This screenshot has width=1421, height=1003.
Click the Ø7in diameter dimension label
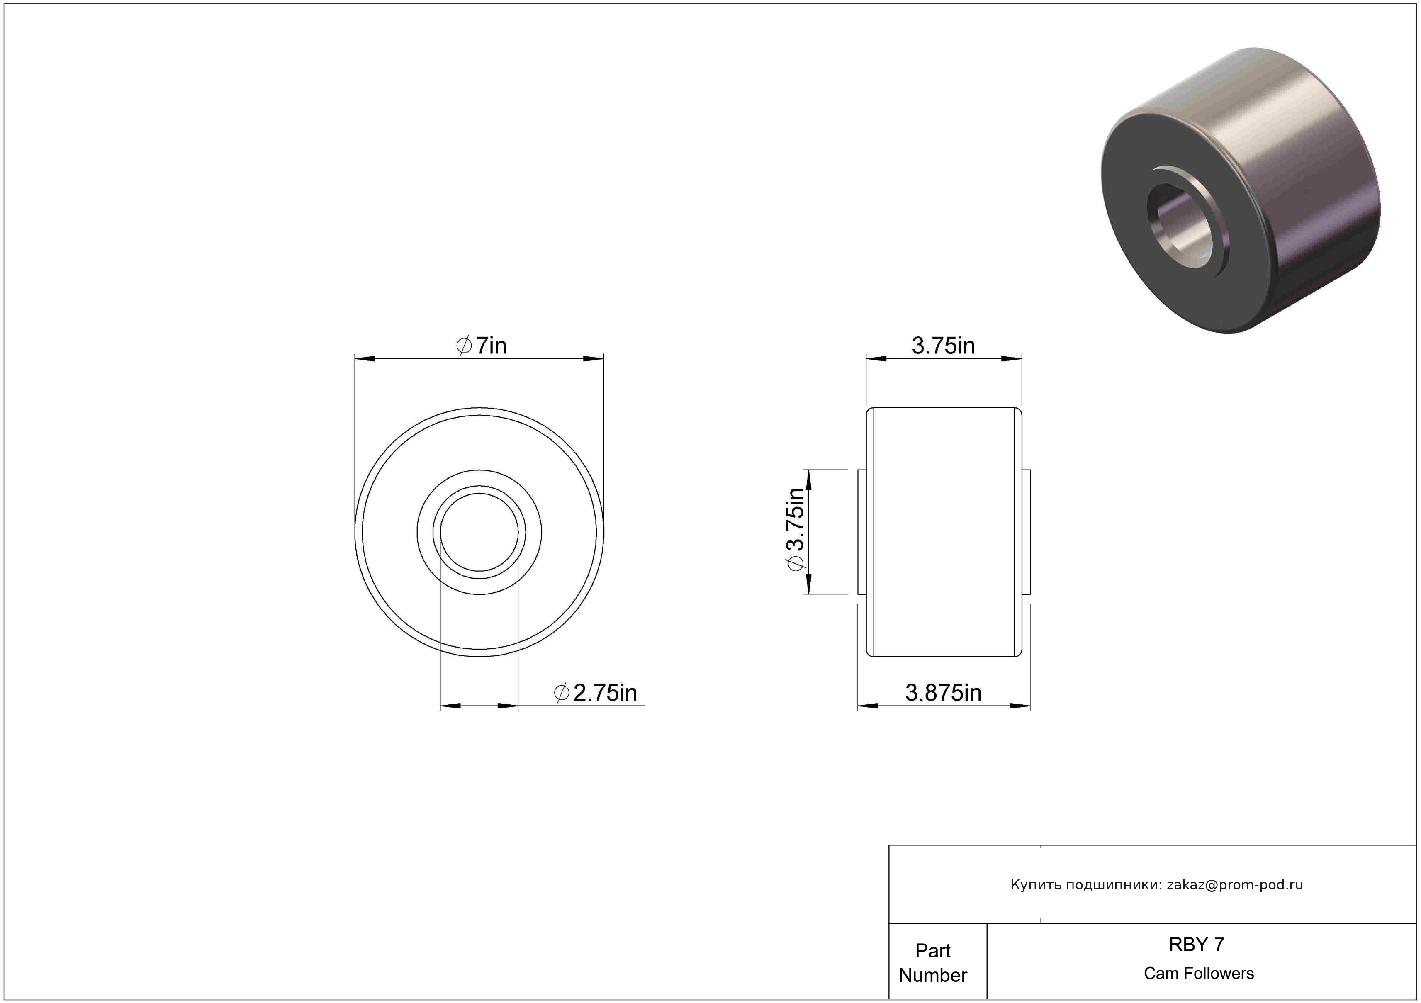point(481,346)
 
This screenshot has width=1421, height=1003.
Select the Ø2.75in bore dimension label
point(595,692)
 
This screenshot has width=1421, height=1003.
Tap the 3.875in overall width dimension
point(943,693)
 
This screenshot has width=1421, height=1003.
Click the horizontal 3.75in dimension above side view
point(943,346)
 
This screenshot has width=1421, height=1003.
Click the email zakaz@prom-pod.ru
point(1235,885)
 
